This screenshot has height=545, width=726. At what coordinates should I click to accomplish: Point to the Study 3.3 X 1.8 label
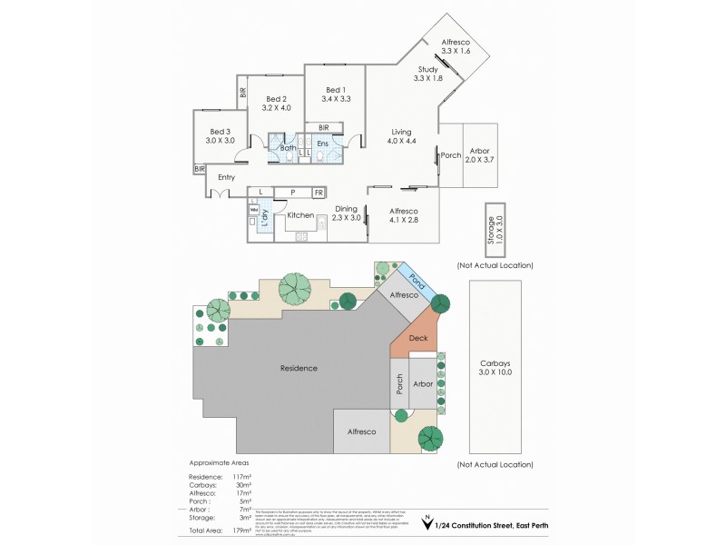tap(427, 74)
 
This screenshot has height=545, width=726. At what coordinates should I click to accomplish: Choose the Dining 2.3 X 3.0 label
tap(347, 213)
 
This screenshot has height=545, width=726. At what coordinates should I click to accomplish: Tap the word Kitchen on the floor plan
tap(300, 215)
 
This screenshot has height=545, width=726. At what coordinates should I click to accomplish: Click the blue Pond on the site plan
tap(420, 282)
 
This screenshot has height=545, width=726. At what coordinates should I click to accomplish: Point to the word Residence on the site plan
tap(298, 368)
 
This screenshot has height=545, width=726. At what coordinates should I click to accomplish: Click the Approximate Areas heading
tap(218, 462)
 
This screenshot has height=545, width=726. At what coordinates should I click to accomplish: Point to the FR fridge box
tap(319, 193)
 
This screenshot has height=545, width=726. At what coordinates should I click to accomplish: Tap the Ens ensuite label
tap(322, 144)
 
